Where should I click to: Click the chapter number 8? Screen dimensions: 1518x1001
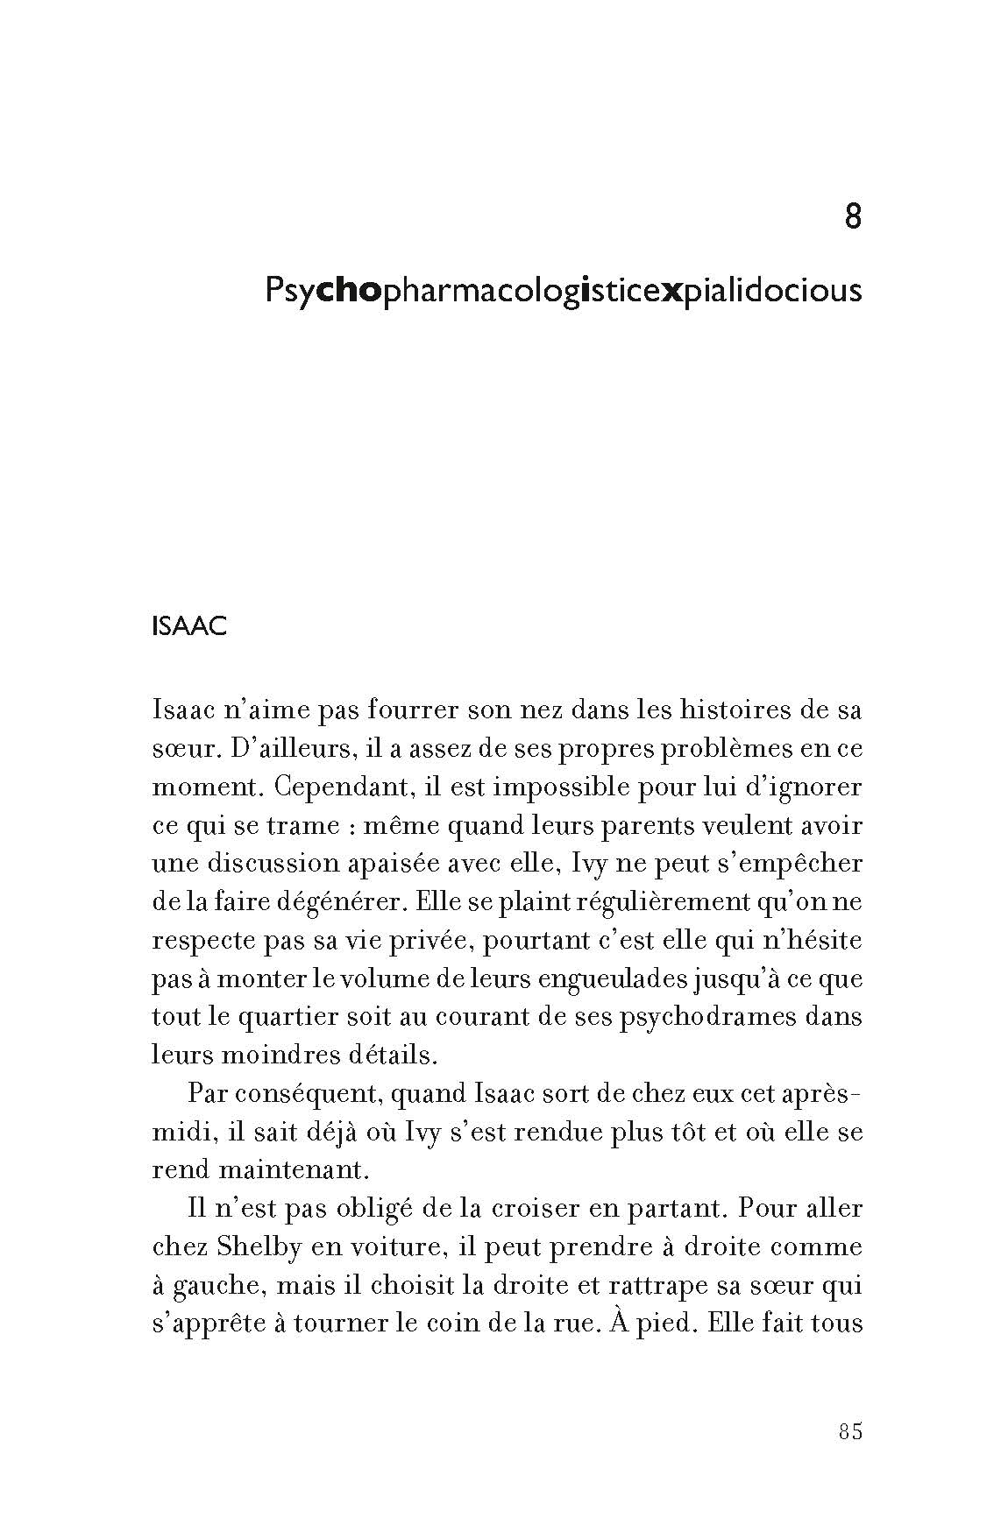click(x=852, y=216)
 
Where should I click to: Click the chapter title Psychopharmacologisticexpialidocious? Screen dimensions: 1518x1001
click(x=563, y=291)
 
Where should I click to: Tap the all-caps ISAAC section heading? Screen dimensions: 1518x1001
click(x=189, y=627)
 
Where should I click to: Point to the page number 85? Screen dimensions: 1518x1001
click(x=850, y=1431)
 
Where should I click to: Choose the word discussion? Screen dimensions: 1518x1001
click(x=276, y=864)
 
